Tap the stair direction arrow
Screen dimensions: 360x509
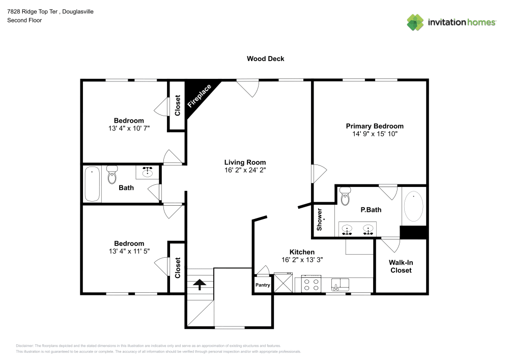tap(199, 284)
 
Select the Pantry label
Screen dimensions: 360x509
tap(263, 285)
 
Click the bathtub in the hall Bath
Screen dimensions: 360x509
tap(92, 184)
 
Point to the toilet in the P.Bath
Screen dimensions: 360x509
tap(345, 195)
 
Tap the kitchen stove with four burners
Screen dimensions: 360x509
tap(312, 284)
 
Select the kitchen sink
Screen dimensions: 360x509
tap(340, 283)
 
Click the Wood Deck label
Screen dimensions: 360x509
tap(265, 59)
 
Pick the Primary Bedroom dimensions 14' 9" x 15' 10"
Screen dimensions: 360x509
tap(375, 134)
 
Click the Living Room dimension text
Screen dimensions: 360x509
tap(245, 170)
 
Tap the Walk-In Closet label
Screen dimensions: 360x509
tap(401, 266)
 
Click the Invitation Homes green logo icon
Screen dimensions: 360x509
tap(415, 22)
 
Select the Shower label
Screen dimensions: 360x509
tap(320, 219)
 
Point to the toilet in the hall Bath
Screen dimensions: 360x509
tap(112, 175)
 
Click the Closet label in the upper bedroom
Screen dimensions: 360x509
tap(177, 106)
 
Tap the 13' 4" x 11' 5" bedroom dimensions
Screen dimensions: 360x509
tap(129, 251)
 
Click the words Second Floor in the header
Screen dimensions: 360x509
tap(24, 20)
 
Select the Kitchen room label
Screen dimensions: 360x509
tap(302, 252)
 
